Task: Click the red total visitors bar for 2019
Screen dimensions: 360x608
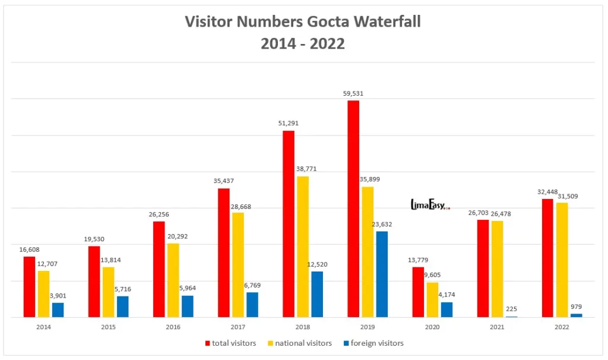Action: click(x=353, y=209)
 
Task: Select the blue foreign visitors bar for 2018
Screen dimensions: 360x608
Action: click(x=317, y=294)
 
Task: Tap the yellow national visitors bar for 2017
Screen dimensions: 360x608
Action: click(x=238, y=264)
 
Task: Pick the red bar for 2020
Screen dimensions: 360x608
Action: click(x=419, y=292)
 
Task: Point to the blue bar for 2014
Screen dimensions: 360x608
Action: click(x=58, y=310)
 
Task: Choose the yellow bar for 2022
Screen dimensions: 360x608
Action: click(x=562, y=260)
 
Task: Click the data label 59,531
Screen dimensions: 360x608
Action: click(x=353, y=93)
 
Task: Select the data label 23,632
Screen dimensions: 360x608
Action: click(x=382, y=224)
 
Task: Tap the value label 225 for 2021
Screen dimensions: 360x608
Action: click(x=512, y=308)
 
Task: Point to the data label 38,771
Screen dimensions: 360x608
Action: click(x=306, y=169)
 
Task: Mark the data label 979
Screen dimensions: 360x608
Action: click(x=576, y=306)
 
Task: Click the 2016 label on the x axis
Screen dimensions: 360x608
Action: click(x=173, y=327)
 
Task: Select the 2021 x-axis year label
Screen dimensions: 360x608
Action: click(x=497, y=327)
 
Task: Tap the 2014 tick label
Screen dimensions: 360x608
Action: click(x=44, y=327)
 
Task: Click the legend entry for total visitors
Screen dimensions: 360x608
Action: click(x=231, y=343)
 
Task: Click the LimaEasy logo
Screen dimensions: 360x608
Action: click(x=430, y=205)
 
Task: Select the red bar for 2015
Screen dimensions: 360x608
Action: click(x=94, y=282)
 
